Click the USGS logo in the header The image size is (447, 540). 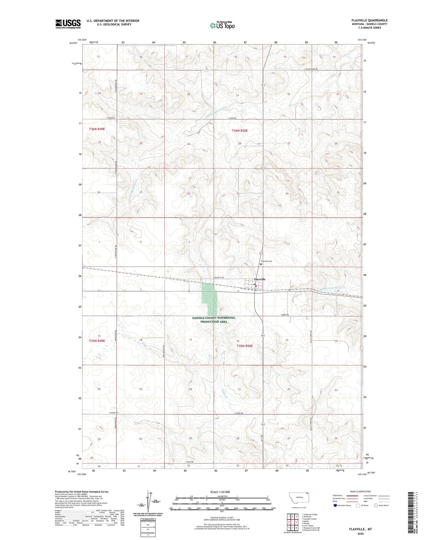[x=68, y=24]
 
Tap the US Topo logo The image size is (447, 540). [x=222, y=25]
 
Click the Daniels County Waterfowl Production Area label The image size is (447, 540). [x=214, y=320]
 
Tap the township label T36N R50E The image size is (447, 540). [x=240, y=131]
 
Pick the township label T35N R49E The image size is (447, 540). [x=97, y=341]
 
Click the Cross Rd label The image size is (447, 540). [x=190, y=462]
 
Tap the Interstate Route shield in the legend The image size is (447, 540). [x=335, y=505]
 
